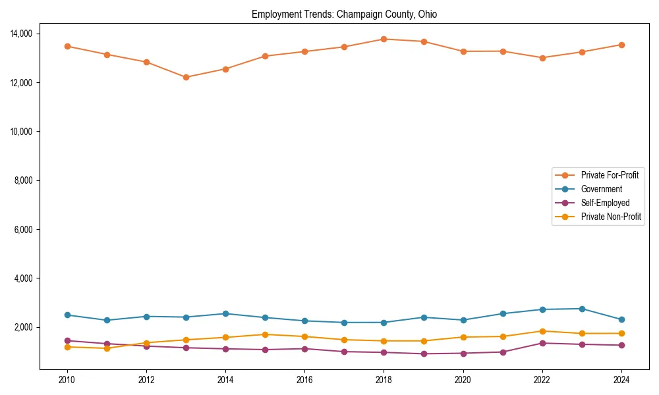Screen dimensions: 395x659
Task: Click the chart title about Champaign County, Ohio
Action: point(344,14)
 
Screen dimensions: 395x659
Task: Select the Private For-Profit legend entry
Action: point(610,175)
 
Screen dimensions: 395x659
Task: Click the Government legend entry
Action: point(601,189)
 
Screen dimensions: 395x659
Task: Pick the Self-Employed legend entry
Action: point(605,203)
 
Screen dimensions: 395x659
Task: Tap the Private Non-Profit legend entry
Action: point(611,217)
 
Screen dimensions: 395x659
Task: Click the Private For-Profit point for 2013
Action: point(186,77)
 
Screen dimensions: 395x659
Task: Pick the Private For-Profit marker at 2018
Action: point(384,39)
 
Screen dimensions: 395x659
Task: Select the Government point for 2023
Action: point(582,309)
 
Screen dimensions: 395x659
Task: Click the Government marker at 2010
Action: point(67,315)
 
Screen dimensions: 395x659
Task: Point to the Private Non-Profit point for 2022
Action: point(542,331)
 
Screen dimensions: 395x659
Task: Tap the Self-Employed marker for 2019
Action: point(423,354)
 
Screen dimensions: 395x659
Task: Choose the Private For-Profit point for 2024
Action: point(621,45)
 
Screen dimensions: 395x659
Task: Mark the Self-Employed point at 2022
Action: point(542,343)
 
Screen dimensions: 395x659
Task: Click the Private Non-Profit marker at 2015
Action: point(265,334)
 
